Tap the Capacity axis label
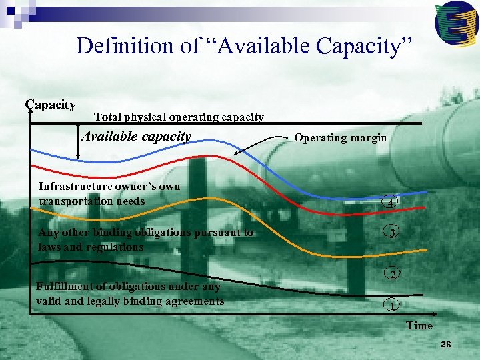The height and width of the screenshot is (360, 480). coord(51,105)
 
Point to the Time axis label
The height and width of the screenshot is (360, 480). coord(419,325)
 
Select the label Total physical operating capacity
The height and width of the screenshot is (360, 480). coord(179,117)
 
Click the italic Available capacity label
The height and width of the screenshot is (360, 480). coord(136,137)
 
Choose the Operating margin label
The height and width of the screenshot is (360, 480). coord(340,138)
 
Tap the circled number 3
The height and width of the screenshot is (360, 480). coord(393,233)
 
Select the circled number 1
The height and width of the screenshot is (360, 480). coord(393,306)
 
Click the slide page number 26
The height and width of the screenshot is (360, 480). coord(446,344)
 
